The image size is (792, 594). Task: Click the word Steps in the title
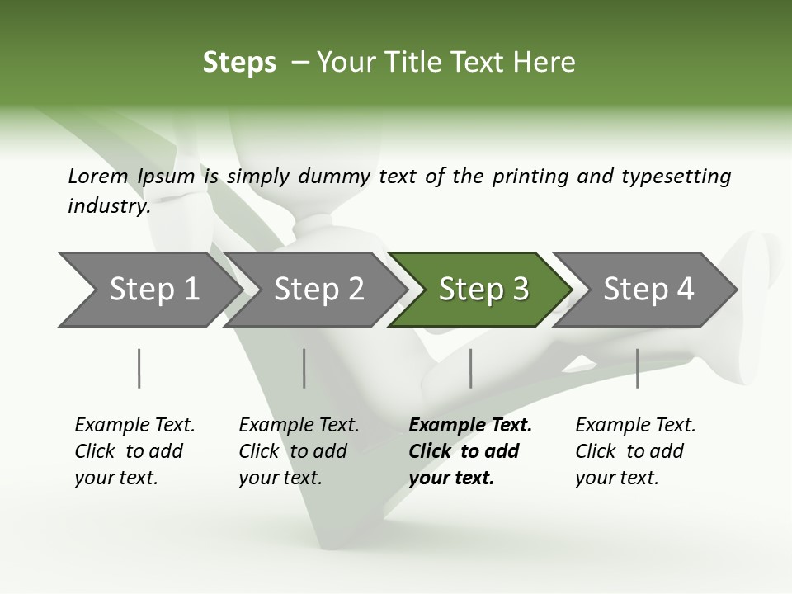coord(239,63)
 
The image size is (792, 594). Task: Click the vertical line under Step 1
coord(139,368)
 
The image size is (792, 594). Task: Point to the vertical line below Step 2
coord(304,368)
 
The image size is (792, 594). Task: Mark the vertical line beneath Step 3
coord(471,368)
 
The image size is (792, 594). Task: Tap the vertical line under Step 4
coord(638,368)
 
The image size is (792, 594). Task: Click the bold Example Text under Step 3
coord(469,451)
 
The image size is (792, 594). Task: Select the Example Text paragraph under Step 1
coord(134,451)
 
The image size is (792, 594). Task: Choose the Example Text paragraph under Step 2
coord(299,451)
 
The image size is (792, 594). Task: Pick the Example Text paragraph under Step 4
coord(635,451)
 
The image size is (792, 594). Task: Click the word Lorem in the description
coord(98,176)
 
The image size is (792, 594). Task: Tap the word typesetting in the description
coord(676,176)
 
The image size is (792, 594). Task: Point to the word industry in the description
coord(108,206)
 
